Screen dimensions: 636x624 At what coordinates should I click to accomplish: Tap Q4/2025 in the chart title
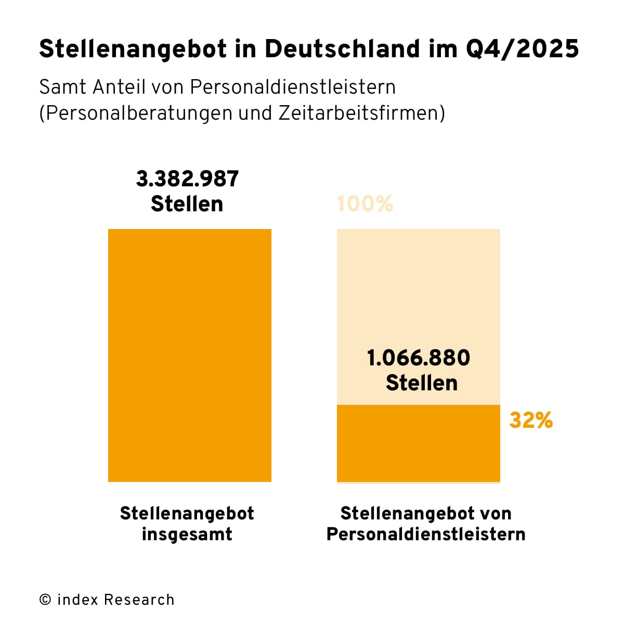coord(522,49)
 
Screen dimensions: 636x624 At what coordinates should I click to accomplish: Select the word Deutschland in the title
coord(342,49)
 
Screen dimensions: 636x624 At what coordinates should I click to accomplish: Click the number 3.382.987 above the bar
coord(187,179)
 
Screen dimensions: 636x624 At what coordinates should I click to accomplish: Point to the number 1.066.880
coord(419,358)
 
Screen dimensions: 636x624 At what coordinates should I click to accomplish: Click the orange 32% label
coord(531,421)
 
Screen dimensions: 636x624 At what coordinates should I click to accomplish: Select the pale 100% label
coord(365,203)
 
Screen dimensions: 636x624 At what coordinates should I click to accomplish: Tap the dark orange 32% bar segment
coord(419,443)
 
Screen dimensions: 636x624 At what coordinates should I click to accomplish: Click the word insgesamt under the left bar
coord(187,535)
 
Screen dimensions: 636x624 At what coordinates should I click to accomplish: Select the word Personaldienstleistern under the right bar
coord(426,535)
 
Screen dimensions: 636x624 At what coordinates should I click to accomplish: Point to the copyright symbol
coord(45,600)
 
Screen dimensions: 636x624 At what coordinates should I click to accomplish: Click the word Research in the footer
coord(139,600)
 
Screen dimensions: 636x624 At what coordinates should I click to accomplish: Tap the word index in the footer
coord(77,600)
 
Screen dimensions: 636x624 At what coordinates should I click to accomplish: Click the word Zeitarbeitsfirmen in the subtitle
coord(361,113)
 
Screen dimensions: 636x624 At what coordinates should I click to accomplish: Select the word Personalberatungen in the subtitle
coord(137,113)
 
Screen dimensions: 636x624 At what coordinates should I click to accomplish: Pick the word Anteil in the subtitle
coord(119,87)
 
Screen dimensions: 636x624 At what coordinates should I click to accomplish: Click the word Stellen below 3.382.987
coord(187,204)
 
